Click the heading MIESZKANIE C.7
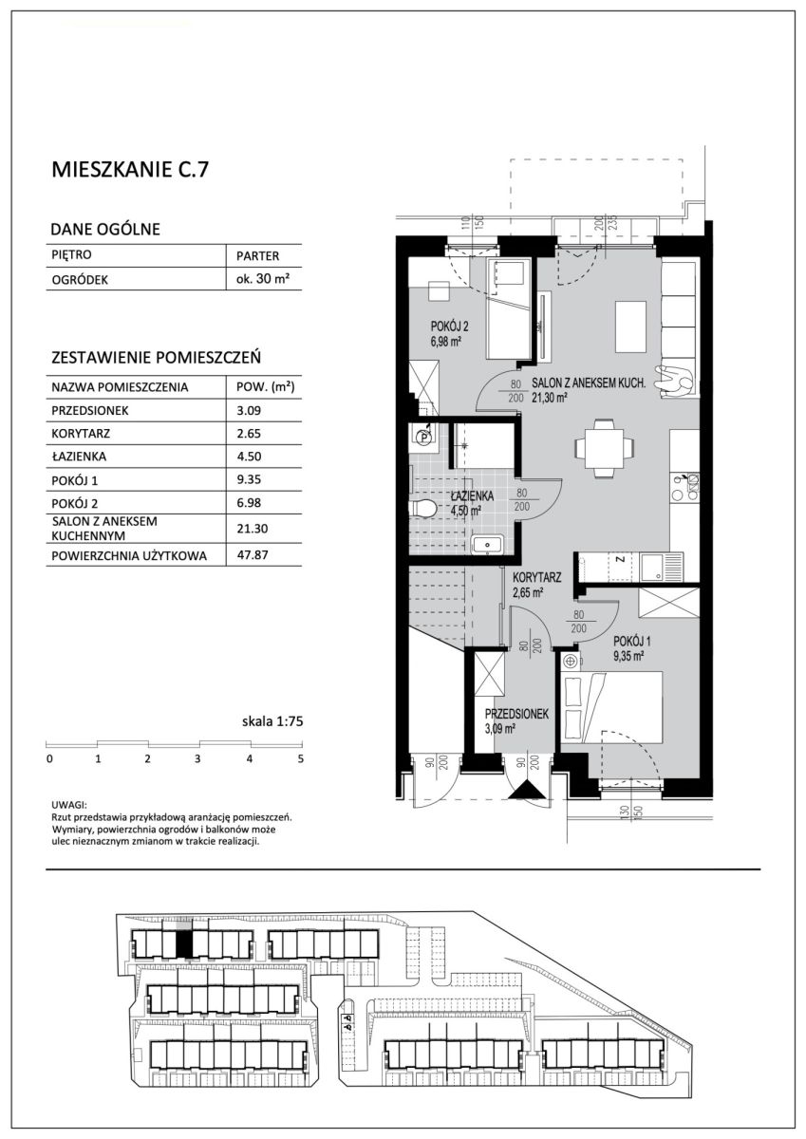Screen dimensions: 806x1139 point(130,170)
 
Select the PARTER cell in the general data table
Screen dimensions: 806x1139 point(257,255)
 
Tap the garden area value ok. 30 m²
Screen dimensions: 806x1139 point(262,279)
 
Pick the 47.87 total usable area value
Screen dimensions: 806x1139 point(249,554)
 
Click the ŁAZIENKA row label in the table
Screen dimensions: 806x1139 point(79,457)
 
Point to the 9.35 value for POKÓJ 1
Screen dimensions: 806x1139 point(249,479)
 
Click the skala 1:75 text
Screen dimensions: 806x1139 point(272,721)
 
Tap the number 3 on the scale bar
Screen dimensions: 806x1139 point(197,759)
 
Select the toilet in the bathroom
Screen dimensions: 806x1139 point(423,507)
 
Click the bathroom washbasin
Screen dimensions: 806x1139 point(487,544)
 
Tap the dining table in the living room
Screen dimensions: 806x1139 point(604,448)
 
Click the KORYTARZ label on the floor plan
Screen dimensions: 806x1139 point(536,578)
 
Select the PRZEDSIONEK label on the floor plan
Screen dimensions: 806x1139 point(516,714)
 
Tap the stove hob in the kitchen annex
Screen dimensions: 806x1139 point(685,487)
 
